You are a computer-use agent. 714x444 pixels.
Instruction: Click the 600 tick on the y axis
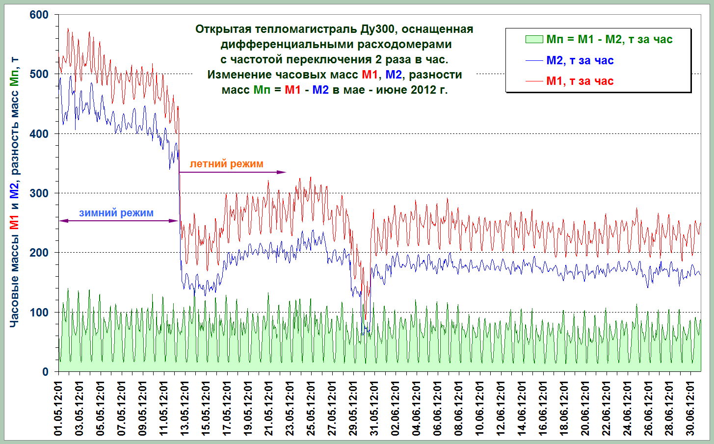(39, 15)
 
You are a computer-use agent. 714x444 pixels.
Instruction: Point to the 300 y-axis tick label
(39, 193)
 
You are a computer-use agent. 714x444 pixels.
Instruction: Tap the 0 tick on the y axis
(45, 372)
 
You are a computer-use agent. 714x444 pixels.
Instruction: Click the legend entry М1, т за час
(580, 81)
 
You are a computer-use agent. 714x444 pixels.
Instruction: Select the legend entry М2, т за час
(580, 60)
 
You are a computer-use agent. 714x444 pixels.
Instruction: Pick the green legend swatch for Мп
(534, 39)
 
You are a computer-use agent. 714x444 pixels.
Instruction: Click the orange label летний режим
(226, 164)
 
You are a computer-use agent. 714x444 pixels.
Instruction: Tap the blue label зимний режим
(116, 213)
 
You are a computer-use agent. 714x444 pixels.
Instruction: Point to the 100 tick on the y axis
(39, 313)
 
